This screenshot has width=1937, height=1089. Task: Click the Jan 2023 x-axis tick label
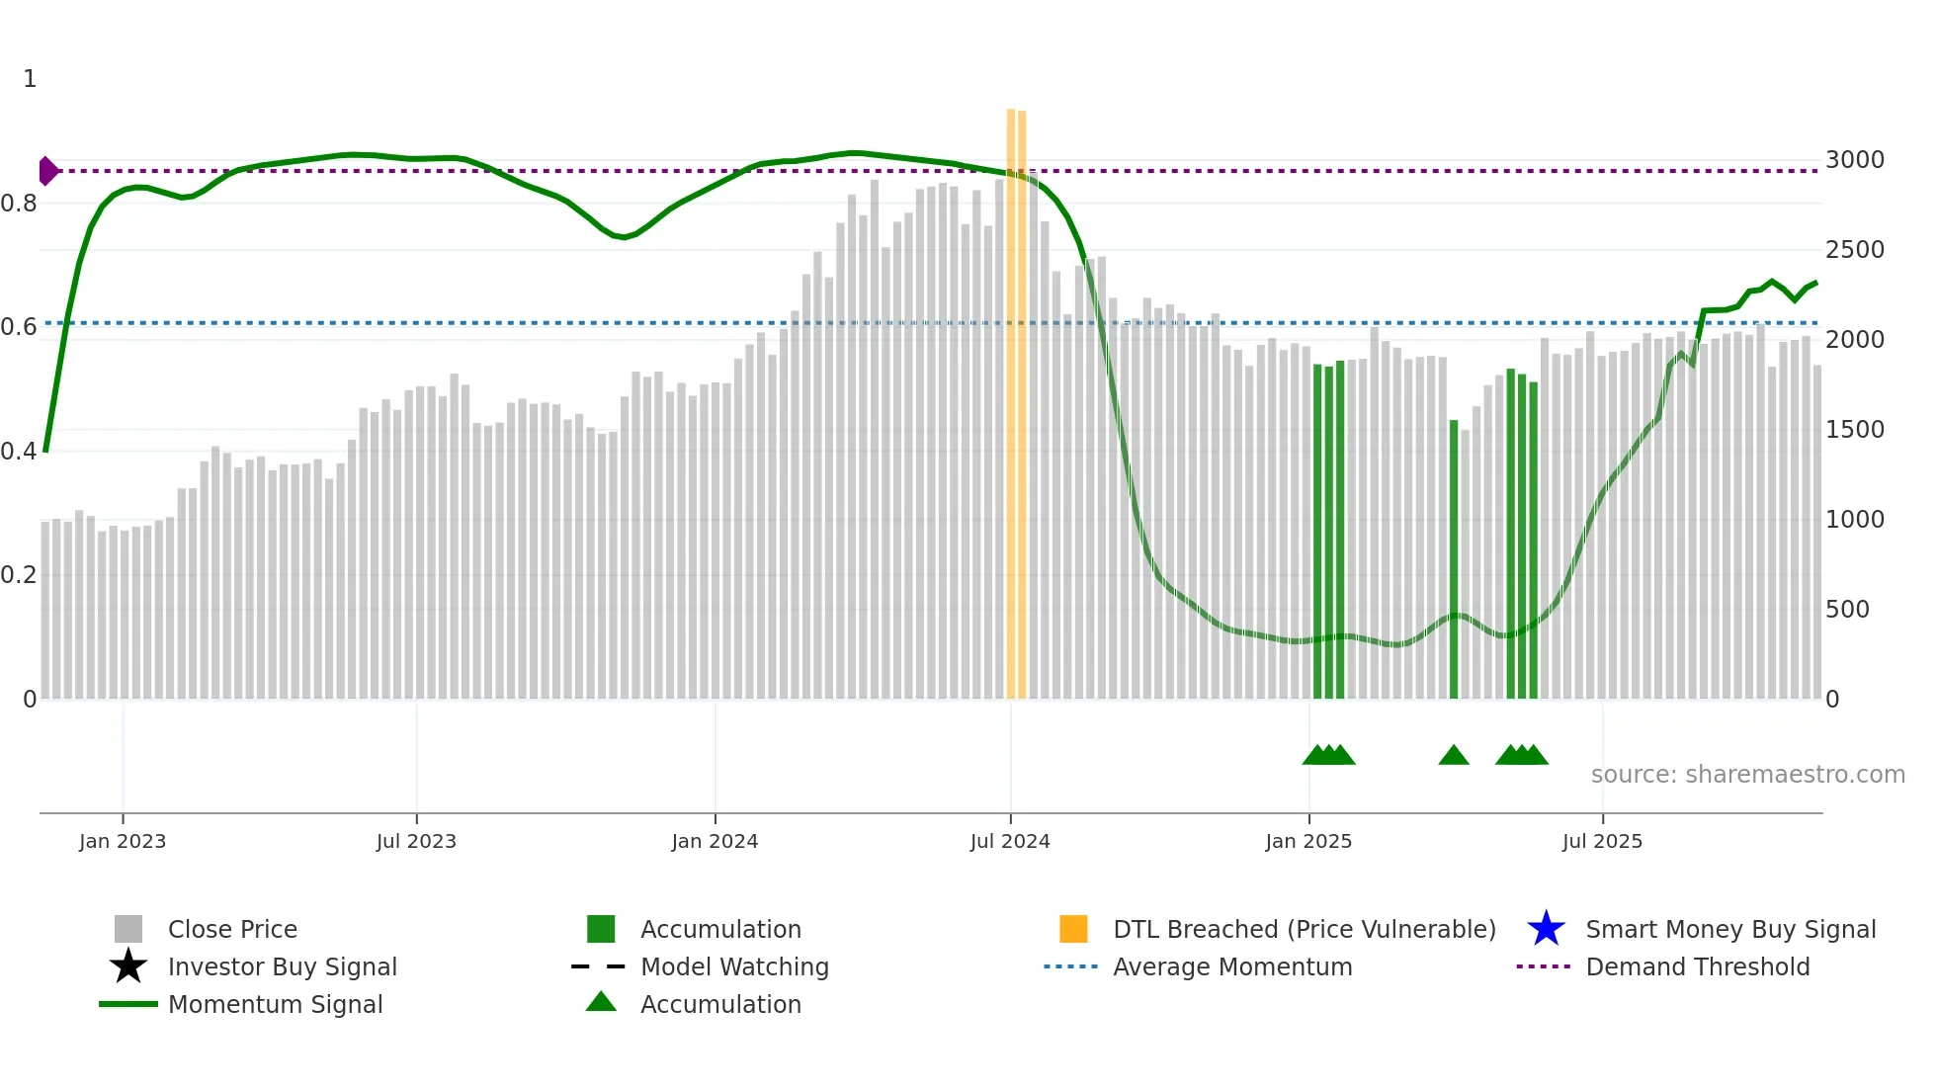point(123,842)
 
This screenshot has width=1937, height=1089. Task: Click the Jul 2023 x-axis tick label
point(416,842)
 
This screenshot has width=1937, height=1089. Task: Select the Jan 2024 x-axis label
point(715,842)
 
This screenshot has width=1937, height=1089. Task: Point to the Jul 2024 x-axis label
point(1010,842)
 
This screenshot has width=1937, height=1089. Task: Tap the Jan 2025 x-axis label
point(1308,842)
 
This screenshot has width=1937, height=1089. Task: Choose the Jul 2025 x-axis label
point(1602,842)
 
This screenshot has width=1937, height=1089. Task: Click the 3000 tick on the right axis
point(1854,160)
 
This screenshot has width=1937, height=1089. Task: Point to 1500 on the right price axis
point(1854,430)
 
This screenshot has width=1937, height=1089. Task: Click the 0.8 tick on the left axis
point(19,204)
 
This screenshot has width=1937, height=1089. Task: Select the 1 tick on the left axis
point(30,79)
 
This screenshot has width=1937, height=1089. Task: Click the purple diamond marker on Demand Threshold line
point(47,171)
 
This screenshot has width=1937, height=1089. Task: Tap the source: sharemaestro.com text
point(1747,775)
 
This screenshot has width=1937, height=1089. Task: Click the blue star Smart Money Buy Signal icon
point(1546,929)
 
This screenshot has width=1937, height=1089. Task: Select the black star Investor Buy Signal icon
point(128,966)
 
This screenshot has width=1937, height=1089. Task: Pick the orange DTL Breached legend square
point(1073,929)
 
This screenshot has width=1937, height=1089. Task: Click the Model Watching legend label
point(734,966)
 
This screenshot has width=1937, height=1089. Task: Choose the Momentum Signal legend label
point(275,1004)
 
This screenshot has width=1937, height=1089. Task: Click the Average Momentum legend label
point(1232,966)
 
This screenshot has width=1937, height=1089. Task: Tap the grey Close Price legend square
point(128,929)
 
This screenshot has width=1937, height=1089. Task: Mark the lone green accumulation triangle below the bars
point(1453,756)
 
